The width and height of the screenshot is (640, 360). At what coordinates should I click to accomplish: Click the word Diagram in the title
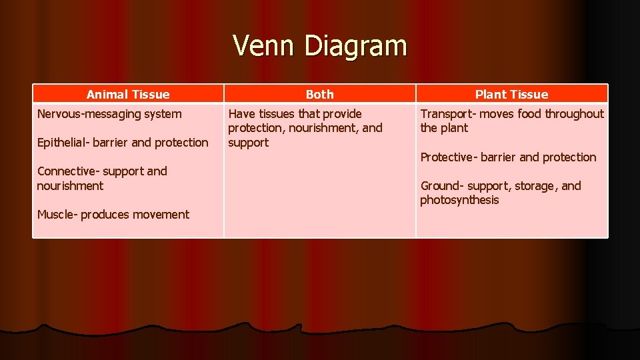[x=355, y=46]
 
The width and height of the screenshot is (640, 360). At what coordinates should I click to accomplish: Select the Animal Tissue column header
[x=128, y=95]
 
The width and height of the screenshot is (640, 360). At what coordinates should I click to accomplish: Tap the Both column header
[x=319, y=95]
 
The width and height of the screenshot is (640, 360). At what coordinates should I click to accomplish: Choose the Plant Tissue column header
[x=511, y=95]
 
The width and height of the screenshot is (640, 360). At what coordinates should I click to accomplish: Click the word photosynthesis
[x=459, y=200]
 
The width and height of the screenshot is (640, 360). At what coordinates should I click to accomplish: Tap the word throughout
[x=574, y=114]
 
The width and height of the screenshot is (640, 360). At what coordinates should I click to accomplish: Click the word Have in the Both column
[x=241, y=114]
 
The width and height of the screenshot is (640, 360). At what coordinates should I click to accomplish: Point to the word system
[x=163, y=114]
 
